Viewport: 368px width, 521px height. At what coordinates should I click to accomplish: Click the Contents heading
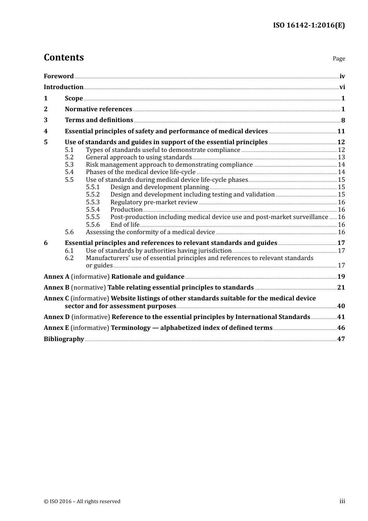[64, 57]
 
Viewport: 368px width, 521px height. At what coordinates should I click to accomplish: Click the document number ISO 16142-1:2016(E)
[309, 26]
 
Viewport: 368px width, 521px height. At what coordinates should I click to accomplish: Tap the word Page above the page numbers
[339, 59]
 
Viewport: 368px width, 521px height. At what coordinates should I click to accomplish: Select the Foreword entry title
[58, 76]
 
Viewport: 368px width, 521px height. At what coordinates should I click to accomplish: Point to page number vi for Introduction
[342, 87]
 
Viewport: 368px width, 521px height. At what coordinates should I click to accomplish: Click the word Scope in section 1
[74, 98]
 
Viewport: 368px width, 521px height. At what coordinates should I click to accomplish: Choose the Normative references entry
[98, 109]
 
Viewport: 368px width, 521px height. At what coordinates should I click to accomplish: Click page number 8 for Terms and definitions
[343, 120]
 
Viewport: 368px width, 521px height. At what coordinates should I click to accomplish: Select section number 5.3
[69, 165]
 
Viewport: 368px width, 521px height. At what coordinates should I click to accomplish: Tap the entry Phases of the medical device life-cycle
[141, 172]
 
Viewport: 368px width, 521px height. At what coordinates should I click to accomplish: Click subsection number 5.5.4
[93, 210]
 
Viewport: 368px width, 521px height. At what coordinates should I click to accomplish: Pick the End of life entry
[125, 225]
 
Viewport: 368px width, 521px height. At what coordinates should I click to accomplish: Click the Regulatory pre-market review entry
[154, 202]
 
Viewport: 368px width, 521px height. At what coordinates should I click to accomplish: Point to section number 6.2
[69, 258]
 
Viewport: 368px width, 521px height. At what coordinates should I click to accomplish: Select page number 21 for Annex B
[341, 288]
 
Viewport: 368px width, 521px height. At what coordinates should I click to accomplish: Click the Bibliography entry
[64, 339]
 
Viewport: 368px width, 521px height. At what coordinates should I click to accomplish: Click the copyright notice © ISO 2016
[82, 502]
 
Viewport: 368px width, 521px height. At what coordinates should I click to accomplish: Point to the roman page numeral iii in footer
[342, 501]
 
